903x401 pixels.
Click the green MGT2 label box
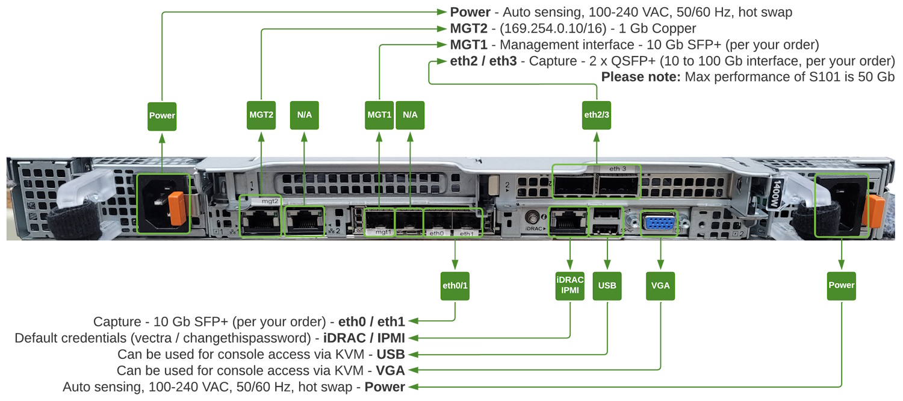coord(261,115)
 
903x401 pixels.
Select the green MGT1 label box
coord(379,115)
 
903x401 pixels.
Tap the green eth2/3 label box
coord(597,115)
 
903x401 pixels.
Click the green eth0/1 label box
coord(455,285)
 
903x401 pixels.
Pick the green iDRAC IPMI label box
coord(569,285)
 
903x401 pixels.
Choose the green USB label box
coord(607,285)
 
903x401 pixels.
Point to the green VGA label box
coord(660,285)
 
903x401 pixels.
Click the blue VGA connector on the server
coord(660,223)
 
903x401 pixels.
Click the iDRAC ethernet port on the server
coord(569,221)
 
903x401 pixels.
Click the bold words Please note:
coord(641,77)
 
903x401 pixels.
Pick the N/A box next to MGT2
coord(305,115)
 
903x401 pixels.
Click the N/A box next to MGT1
coord(410,115)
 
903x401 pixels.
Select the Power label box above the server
coord(162,115)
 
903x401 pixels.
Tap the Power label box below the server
coord(841,285)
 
